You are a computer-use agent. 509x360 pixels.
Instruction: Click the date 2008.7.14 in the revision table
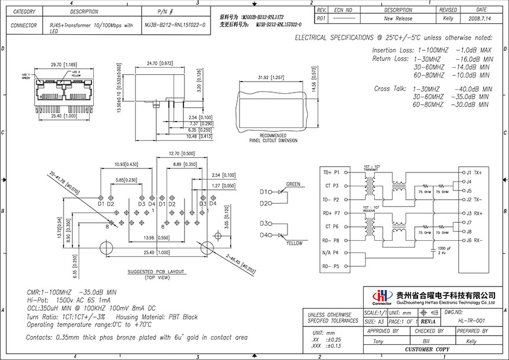[x=481, y=19]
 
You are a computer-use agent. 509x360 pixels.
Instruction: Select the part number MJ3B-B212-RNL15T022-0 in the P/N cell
[x=174, y=25]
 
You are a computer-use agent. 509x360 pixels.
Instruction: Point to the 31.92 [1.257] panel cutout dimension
[x=270, y=77]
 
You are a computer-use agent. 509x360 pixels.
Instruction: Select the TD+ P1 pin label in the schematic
[x=331, y=172]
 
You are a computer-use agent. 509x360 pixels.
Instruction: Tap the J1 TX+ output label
[x=475, y=172]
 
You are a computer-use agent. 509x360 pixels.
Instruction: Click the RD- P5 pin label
[x=331, y=267]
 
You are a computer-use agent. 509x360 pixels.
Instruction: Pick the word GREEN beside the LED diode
[x=294, y=185]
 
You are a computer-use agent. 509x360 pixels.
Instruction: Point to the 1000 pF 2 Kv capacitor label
[x=441, y=250]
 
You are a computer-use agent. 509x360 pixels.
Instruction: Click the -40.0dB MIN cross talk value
[x=474, y=89]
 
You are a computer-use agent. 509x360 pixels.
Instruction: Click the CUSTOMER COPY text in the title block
[x=427, y=350]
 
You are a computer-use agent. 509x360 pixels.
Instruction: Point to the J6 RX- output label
[x=475, y=240]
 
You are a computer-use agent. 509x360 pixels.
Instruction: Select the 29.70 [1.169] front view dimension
[x=61, y=64]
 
